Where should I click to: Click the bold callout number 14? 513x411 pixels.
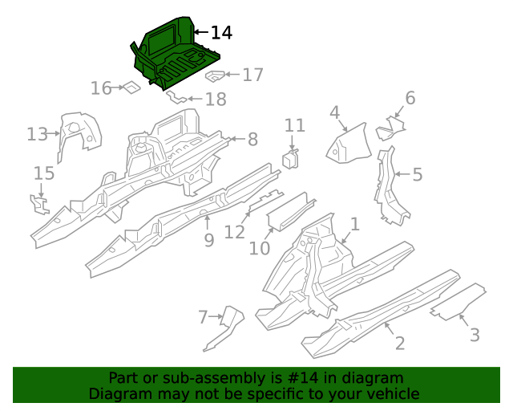(221, 33)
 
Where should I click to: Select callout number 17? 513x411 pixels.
(252, 75)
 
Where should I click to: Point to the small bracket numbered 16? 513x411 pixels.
(130, 87)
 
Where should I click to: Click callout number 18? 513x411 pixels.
(216, 100)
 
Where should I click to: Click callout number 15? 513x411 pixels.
(43, 173)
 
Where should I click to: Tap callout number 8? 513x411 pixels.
(252, 139)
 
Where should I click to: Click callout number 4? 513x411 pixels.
(334, 113)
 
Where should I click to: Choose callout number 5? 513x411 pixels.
(417, 174)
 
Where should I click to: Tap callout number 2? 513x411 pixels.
(399, 344)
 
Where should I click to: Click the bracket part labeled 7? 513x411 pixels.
(225, 328)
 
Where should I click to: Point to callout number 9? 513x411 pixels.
(208, 239)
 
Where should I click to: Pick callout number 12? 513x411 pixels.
(234, 232)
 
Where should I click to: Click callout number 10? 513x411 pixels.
(260, 248)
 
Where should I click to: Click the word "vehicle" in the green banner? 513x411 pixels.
(390, 393)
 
